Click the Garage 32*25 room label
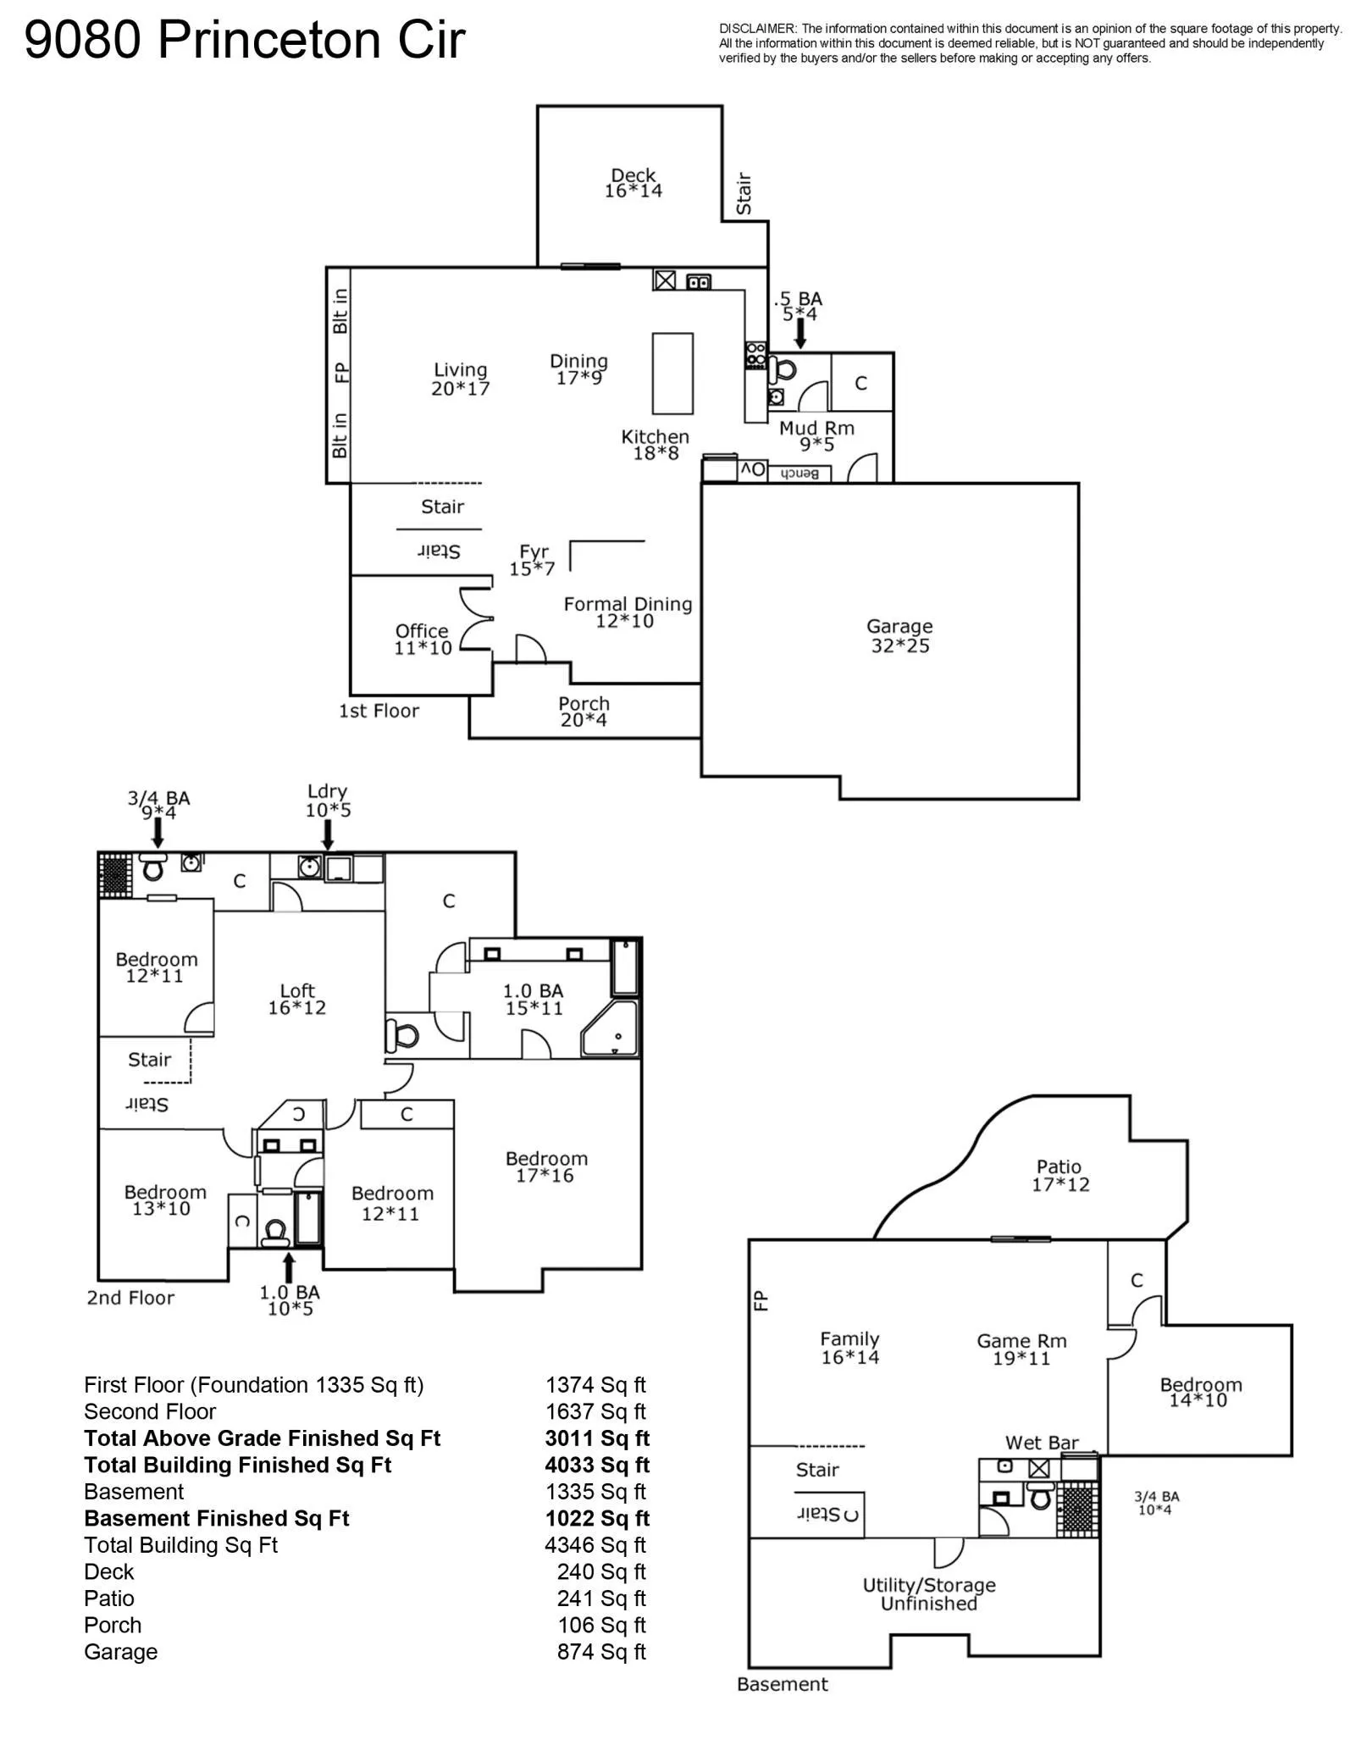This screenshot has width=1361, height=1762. (899, 636)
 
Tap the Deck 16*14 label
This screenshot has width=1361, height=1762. (633, 183)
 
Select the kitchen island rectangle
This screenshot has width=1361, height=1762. (672, 374)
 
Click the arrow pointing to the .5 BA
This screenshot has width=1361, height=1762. (799, 335)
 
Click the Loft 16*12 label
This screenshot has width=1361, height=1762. (297, 999)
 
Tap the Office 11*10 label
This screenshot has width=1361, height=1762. (422, 640)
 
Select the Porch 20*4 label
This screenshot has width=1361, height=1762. (584, 712)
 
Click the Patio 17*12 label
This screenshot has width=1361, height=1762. (1059, 1176)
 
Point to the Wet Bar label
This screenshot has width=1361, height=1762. (1042, 1443)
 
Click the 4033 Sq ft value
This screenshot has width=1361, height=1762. (597, 1465)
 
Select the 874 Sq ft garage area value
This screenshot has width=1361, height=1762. (601, 1652)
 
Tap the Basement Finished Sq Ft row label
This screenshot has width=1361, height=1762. (217, 1518)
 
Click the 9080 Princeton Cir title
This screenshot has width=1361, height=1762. (245, 39)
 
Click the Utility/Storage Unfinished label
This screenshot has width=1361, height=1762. (929, 1594)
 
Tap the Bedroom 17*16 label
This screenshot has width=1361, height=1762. (546, 1166)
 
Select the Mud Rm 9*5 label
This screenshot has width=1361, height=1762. (816, 436)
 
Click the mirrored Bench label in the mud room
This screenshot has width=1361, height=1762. (798, 474)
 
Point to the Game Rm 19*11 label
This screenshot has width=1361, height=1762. (1021, 1349)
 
